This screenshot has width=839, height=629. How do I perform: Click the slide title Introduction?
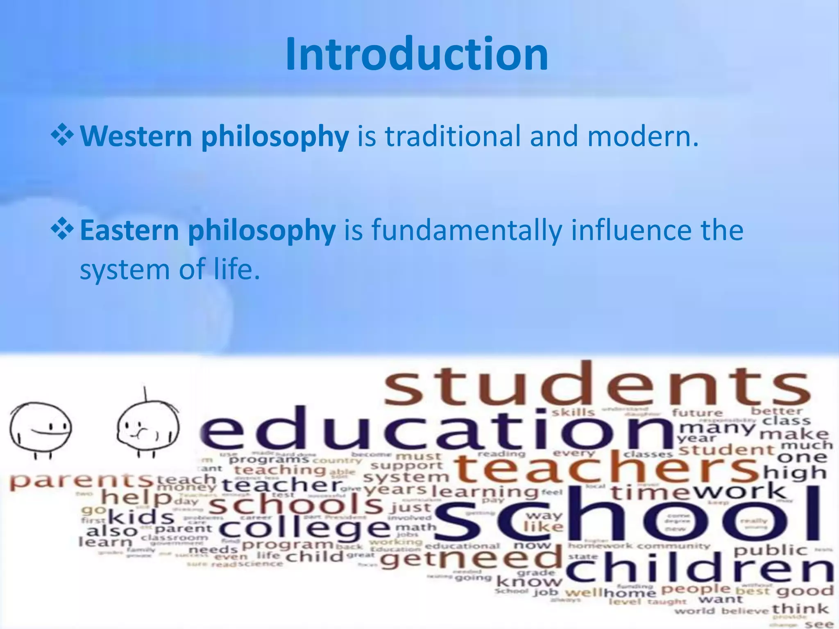click(x=417, y=54)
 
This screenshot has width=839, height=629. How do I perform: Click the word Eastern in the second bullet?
click(x=129, y=230)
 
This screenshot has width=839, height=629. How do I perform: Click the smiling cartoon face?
click(x=41, y=428)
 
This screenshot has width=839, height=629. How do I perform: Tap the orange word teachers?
click(x=606, y=469)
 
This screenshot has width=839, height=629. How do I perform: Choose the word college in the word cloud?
click(x=305, y=529)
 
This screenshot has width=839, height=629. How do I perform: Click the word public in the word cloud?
click(x=770, y=550)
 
